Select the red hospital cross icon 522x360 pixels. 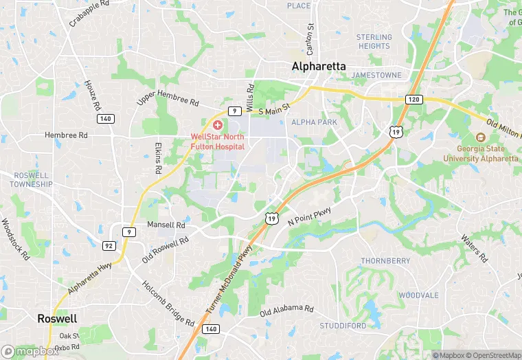pyautogui.click(x=218, y=125)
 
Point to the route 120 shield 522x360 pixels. pyautogui.click(x=413, y=100)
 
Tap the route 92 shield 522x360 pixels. pyautogui.click(x=109, y=245)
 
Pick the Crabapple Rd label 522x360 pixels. pyautogui.click(x=89, y=13)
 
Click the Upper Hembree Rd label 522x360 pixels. pyautogui.click(x=168, y=98)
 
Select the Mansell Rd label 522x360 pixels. pyautogui.click(x=166, y=225)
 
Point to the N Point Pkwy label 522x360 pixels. pyautogui.click(x=309, y=216)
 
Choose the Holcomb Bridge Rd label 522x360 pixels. pyautogui.click(x=168, y=303)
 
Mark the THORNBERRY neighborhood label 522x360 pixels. pyautogui.click(x=385, y=261)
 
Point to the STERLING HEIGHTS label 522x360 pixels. pyautogui.click(x=374, y=41)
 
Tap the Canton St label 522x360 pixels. pyautogui.click(x=310, y=40)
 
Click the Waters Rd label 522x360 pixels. pyautogui.click(x=474, y=249)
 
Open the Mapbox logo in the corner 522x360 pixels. pyautogui.click(x=30, y=351)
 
